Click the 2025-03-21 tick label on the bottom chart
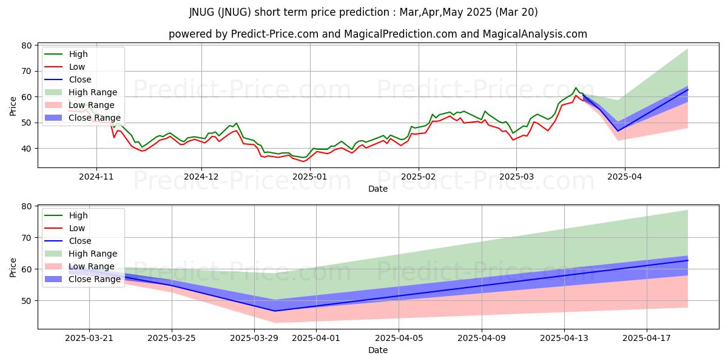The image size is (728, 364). tap(89, 339)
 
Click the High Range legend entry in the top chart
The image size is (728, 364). tap(93, 92)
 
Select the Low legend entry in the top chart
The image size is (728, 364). tap(77, 67)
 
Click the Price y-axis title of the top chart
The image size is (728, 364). tap(13, 105)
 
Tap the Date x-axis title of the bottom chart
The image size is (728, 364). tap(377, 350)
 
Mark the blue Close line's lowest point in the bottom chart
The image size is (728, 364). tap(275, 311)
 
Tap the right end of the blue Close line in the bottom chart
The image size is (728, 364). tap(687, 260)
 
